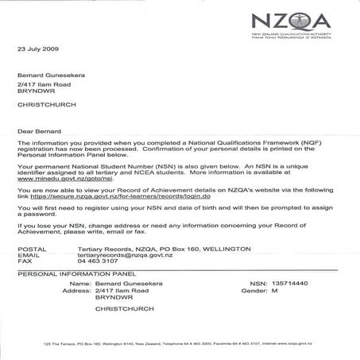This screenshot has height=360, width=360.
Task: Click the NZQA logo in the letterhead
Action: [x=295, y=23]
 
